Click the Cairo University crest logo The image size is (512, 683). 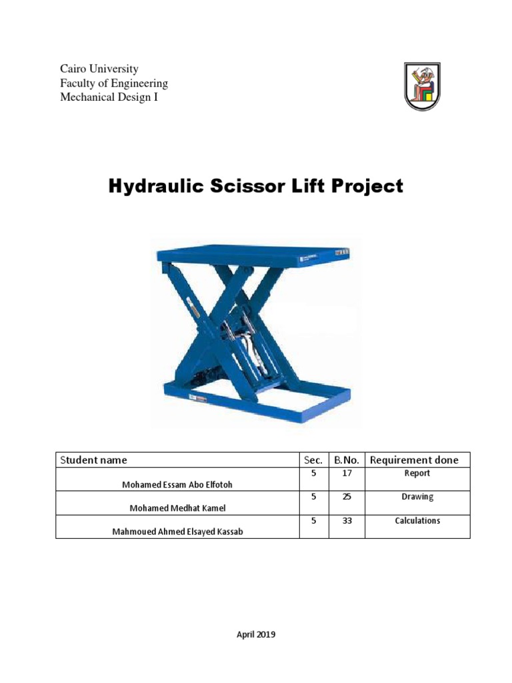tap(422, 86)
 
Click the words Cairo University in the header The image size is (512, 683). tap(99, 69)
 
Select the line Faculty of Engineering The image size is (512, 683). tap(114, 83)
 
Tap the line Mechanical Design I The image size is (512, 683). tap(109, 97)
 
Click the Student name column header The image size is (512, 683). tap(94, 460)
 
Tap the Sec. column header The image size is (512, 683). tap(313, 460)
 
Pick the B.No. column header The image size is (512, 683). tap(347, 460)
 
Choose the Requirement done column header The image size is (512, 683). tap(414, 460)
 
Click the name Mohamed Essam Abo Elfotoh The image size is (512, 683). tap(177, 485)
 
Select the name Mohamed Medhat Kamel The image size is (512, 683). tap(177, 508)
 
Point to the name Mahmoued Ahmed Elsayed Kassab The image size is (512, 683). tap(177, 532)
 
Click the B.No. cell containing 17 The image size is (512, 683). tap(347, 473)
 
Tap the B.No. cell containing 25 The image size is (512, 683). tap(347, 497)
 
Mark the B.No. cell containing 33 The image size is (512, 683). tap(347, 520)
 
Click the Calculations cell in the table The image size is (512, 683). tap(417, 520)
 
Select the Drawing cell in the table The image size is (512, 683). tap(417, 497)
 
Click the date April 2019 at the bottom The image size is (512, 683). tap(256, 634)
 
